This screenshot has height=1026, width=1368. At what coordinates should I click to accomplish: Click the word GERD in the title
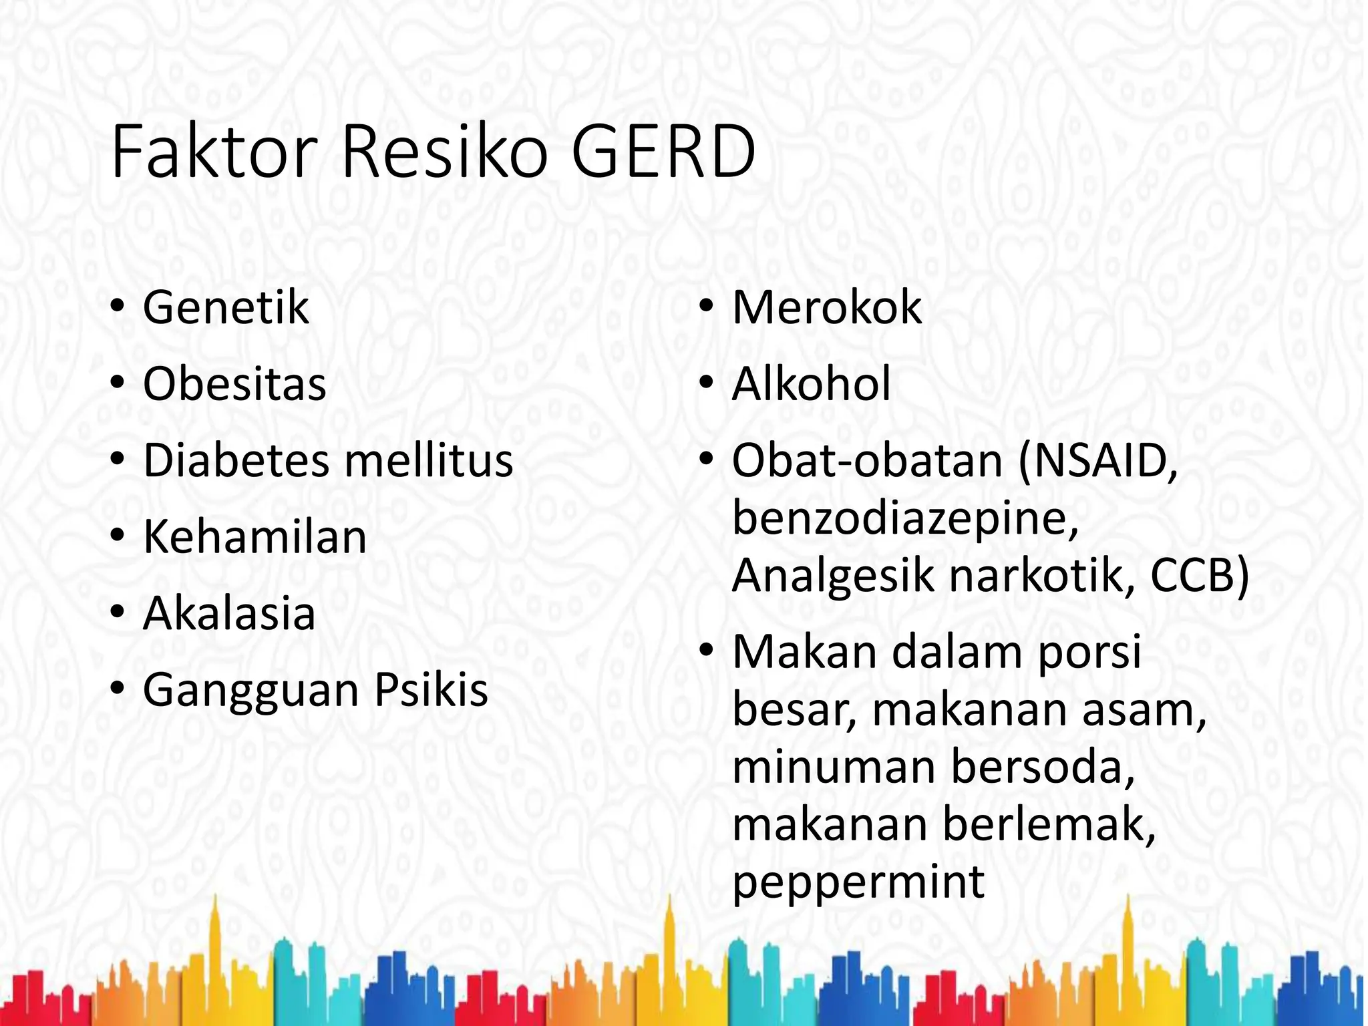click(663, 152)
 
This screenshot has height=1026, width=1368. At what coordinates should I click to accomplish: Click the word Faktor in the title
click(213, 152)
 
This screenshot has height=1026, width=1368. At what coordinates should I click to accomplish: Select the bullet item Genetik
click(226, 308)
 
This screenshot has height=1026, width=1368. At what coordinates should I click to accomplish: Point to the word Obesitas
click(234, 384)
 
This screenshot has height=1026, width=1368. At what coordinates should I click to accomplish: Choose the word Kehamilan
click(254, 536)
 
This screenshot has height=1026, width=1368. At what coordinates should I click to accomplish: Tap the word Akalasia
click(229, 613)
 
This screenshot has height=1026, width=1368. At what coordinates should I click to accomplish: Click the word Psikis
click(431, 689)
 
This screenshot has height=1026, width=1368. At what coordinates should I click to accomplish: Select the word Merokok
click(827, 308)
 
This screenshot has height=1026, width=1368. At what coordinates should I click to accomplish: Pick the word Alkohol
click(812, 384)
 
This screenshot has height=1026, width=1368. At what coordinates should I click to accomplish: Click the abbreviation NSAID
click(1099, 460)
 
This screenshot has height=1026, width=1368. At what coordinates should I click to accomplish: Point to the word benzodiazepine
click(905, 518)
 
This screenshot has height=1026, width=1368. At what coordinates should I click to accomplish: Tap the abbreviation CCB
click(1196, 575)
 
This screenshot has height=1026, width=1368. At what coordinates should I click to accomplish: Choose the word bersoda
click(1043, 767)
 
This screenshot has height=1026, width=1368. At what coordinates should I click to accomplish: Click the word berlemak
click(1049, 824)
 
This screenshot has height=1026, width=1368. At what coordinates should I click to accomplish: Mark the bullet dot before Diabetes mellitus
click(118, 460)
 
